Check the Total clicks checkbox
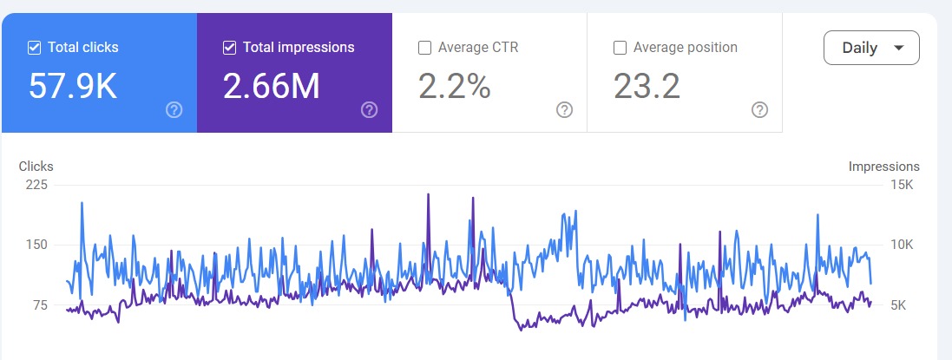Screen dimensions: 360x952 click(x=34, y=48)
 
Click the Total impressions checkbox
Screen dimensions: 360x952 click(x=229, y=48)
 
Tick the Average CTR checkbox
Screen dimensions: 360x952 click(x=424, y=48)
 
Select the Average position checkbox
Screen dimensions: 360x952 click(x=620, y=48)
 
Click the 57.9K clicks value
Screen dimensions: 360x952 click(x=72, y=86)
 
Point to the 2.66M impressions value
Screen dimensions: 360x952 click(x=271, y=86)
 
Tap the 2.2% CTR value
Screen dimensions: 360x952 click(x=455, y=86)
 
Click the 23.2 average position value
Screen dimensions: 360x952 click(x=647, y=86)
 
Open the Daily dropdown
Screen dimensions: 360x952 click(x=870, y=48)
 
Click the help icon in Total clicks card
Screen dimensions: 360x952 click(x=174, y=110)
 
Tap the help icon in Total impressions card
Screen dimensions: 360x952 click(x=369, y=110)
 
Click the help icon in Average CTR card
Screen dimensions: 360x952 click(x=564, y=110)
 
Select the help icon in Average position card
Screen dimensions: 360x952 click(x=759, y=110)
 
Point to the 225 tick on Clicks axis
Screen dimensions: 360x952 click(x=36, y=185)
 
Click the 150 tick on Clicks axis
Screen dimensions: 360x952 click(x=36, y=245)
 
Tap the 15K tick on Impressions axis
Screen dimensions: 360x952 click(x=903, y=185)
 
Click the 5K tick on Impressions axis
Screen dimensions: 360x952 click(x=904, y=305)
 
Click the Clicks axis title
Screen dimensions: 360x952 click(x=36, y=166)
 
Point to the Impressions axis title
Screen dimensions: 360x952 click(x=883, y=166)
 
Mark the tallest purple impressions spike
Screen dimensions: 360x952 click(x=428, y=196)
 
